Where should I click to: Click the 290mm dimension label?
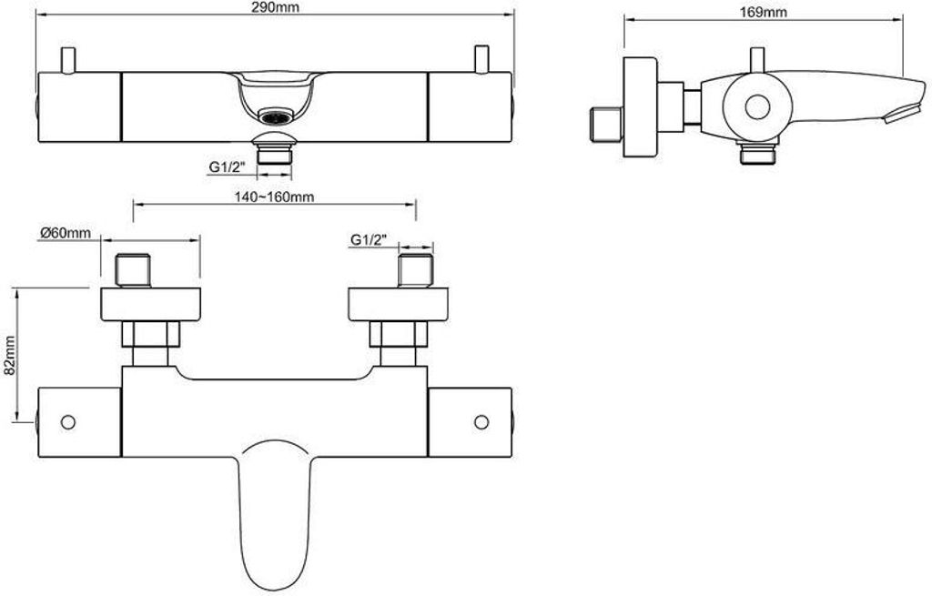click(275, 7)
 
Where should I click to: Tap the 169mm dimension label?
click(765, 12)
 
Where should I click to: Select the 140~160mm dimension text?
click(275, 197)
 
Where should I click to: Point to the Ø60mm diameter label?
click(66, 233)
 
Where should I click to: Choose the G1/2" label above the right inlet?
click(369, 239)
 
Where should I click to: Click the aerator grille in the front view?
click(275, 117)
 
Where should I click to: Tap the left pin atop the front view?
click(69, 60)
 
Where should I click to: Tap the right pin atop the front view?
click(481, 59)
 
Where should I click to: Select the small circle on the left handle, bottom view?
click(67, 422)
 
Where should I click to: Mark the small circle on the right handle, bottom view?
click(481, 422)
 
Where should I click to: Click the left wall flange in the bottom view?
click(150, 305)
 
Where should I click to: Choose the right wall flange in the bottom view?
click(399, 305)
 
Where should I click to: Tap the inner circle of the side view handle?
click(757, 108)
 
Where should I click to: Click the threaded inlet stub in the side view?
click(606, 124)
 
